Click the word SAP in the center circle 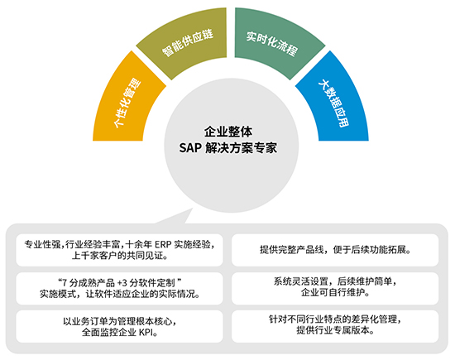click(190, 148)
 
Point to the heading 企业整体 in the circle click(228, 132)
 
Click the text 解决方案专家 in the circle click(241, 148)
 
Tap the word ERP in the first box click(162, 245)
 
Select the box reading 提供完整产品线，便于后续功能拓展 click(335, 250)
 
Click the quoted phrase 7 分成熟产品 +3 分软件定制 click(120, 282)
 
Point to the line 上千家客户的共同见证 click(120, 256)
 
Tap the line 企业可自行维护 click(335, 292)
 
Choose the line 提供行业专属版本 click(335, 330)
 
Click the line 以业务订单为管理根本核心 click(120, 321)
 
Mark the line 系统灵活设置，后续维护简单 click(335, 281)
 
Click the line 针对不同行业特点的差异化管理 click(335, 319)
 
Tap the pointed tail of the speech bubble click(192, 209)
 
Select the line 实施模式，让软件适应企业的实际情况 click(120, 294)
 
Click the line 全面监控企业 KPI click(120, 333)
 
